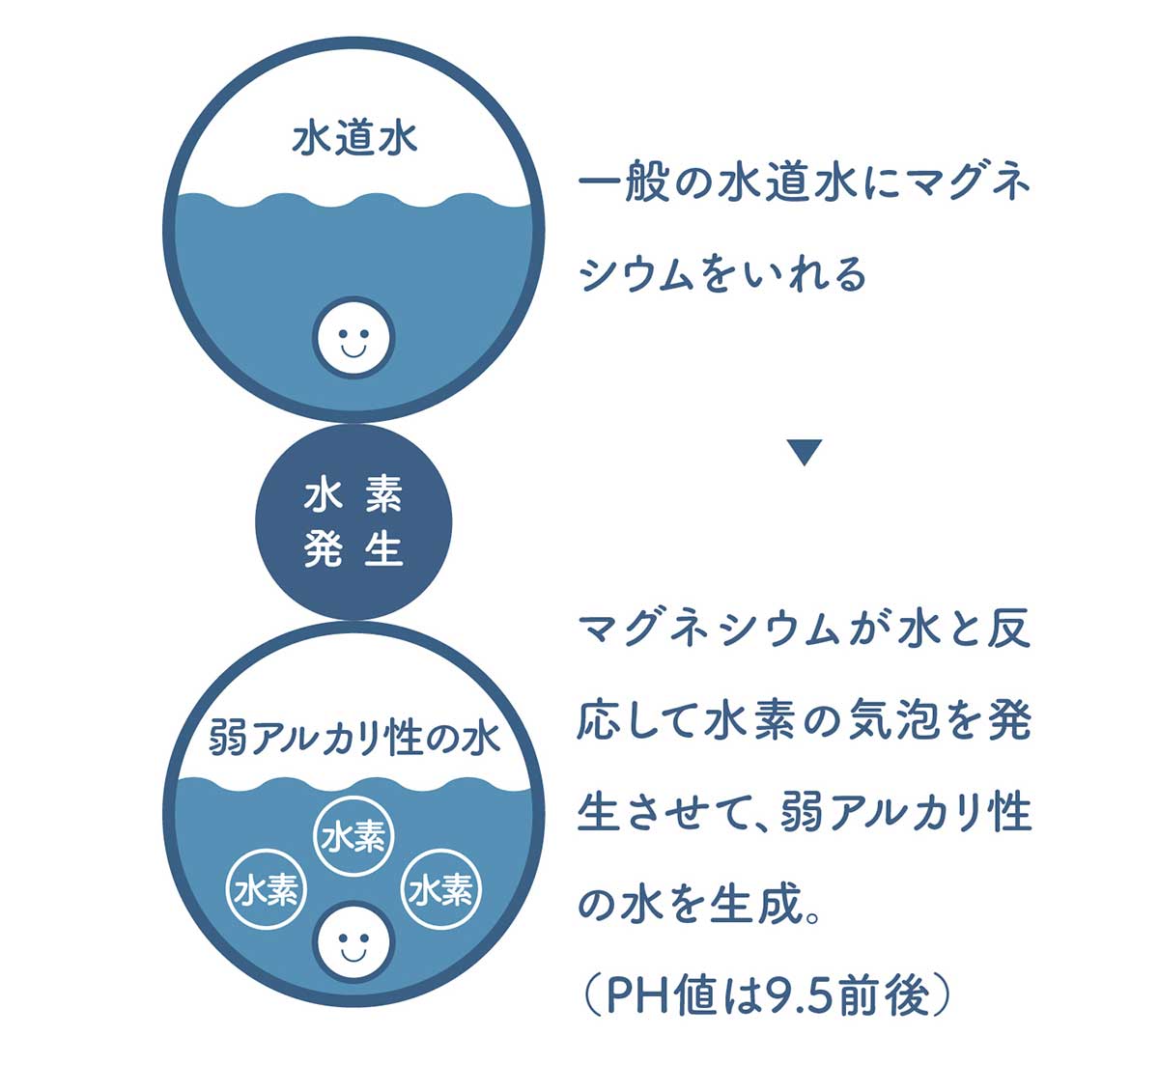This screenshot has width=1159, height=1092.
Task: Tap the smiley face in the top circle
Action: (353, 337)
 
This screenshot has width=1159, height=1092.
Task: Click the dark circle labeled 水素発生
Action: (353, 522)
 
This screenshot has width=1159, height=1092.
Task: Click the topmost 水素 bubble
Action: (354, 835)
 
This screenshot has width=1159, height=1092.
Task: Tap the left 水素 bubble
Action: (266, 889)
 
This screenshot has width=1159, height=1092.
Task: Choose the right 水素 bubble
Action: (441, 889)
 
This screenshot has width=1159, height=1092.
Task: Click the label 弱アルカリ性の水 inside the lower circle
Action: (354, 739)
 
